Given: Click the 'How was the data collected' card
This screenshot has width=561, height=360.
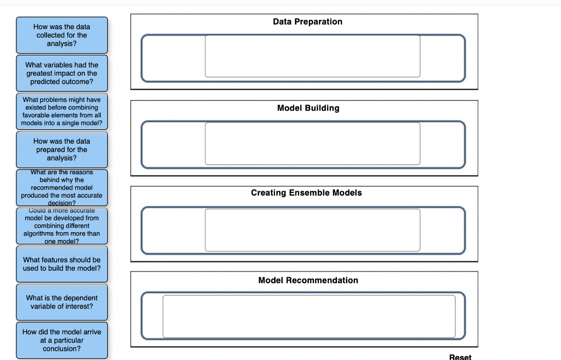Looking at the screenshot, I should tap(62, 35).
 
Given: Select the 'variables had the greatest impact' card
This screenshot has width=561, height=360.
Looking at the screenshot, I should tap(62, 73).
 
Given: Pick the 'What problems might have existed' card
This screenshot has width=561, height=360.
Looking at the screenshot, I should tap(62, 111).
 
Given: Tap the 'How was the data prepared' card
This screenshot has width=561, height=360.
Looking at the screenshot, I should tap(62, 150).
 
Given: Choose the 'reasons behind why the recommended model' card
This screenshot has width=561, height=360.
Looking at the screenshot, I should tap(62, 187).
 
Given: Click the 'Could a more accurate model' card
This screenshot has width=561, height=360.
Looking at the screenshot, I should tap(62, 226).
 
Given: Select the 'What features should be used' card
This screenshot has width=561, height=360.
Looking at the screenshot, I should tap(62, 264).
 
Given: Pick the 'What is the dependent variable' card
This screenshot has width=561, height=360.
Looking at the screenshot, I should tap(62, 302).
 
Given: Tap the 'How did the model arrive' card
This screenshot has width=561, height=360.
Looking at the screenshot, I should tap(62, 340).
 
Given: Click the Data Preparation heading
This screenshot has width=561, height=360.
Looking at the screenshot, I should tap(307, 21).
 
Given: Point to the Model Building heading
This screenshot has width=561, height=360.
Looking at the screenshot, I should tap(308, 108).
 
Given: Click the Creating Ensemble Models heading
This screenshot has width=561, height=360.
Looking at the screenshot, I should tap(306, 193).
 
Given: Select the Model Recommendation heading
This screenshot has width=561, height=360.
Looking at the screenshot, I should tap(308, 280).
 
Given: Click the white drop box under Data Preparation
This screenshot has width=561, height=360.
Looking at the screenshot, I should tap(312, 56).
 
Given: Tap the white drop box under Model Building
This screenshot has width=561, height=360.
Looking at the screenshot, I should tap(312, 143).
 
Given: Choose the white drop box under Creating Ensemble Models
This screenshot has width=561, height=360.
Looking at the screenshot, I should tap(312, 230).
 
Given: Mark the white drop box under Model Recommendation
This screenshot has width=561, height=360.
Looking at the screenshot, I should tap(309, 316).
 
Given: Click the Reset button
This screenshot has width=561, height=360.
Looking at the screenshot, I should tap(460, 357).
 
